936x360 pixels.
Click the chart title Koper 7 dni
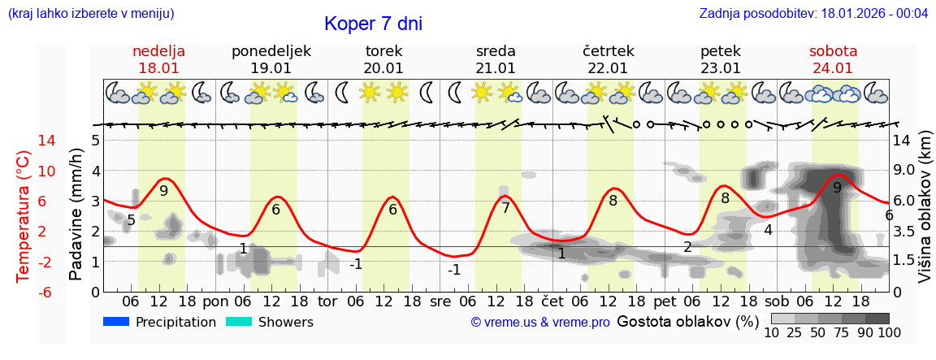[373, 24]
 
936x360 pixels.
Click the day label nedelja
[158, 51]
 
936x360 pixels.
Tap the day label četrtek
[609, 51]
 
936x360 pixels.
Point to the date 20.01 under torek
[383, 68]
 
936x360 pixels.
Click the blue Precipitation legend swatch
[117, 322]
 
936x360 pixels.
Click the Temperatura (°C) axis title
[24, 216]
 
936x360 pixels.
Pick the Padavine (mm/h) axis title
[76, 215]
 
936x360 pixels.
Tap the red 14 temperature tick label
[24, 141]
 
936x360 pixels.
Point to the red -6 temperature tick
[24, 292]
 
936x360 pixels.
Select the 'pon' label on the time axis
[215, 301]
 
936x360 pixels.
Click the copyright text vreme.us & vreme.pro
[540, 323]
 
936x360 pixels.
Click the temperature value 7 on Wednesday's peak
[505, 208]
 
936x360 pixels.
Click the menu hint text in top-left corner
[91, 14]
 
